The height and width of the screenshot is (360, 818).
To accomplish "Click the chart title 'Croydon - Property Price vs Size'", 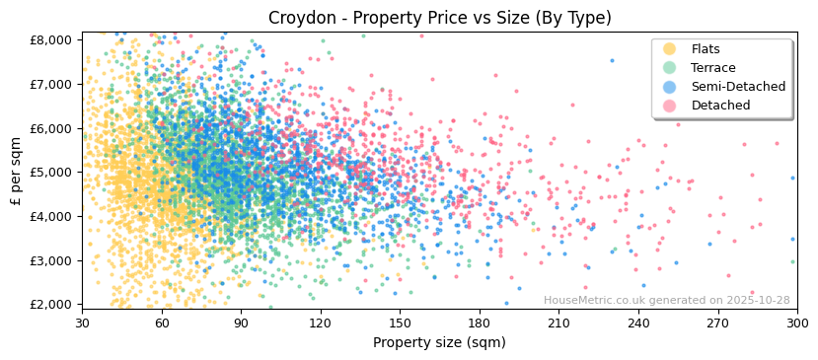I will [439, 18].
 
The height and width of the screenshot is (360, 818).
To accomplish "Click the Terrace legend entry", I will [712, 68].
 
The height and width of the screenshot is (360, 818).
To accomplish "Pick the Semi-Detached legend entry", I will [738, 87].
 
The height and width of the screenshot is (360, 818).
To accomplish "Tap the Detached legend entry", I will [720, 106].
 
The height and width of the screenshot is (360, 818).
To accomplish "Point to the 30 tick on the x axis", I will [82, 323].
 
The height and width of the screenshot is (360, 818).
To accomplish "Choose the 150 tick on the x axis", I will [400, 323].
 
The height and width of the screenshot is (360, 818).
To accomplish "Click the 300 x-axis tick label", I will [796, 323].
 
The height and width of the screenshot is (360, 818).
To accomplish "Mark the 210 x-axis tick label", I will [558, 323].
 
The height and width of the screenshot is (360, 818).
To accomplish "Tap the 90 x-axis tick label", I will [241, 323].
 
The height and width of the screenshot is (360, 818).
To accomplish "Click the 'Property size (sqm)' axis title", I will [439, 342].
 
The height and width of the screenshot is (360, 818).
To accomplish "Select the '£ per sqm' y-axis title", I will [16, 173].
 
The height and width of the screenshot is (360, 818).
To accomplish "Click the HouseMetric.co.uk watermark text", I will [666, 301].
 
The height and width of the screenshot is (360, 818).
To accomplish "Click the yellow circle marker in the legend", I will [670, 49].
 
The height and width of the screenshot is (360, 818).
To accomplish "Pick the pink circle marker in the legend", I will [670, 106].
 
